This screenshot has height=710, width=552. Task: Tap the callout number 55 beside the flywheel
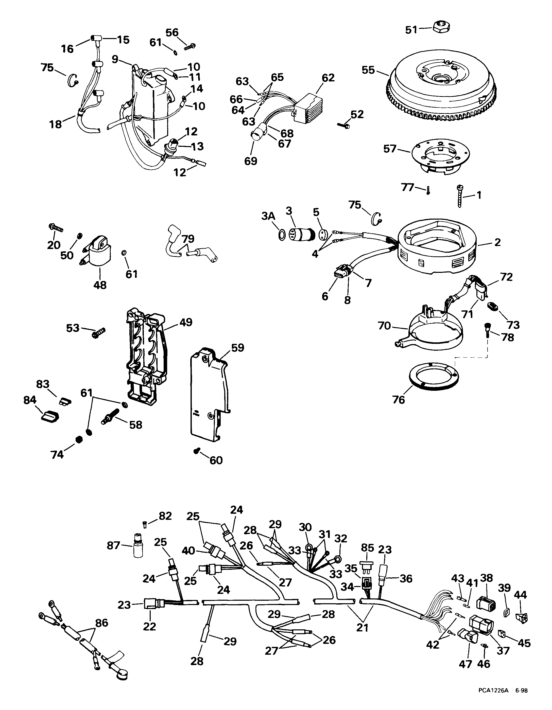click(x=368, y=70)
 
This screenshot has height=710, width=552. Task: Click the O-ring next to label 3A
click(x=282, y=234)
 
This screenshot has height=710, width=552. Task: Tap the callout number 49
click(x=186, y=322)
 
